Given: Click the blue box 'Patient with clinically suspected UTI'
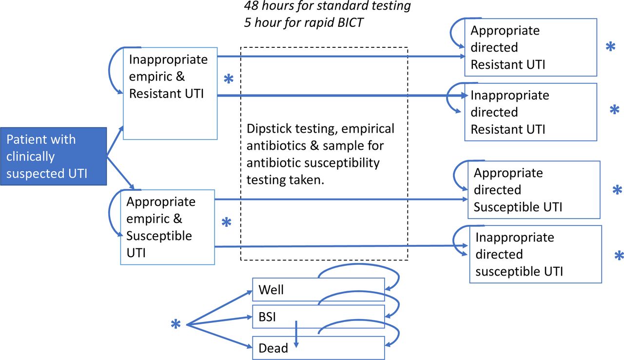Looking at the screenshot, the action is tap(54, 156).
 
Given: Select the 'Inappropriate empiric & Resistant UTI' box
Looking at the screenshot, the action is tap(170, 93).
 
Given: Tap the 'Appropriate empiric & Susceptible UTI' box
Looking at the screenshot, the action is tap(167, 227).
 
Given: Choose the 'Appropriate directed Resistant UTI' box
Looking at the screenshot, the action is tap(531, 47).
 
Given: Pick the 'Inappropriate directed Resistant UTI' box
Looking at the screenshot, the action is tap(531, 112).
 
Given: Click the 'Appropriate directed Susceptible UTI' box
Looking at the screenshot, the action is tap(534, 190).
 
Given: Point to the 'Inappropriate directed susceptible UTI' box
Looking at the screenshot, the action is tap(536, 254).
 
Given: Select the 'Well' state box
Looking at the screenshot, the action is tap(318, 289).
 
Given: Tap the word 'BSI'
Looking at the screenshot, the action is tap(267, 317).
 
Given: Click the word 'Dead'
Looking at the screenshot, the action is tap(273, 348).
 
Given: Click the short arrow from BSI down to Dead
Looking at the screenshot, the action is tap(296, 334).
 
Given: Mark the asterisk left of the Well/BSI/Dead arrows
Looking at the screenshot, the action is tap(176, 324).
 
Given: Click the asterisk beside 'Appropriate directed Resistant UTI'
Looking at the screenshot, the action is tap(610, 46).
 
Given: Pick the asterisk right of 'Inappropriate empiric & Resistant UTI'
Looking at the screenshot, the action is tap(229, 79).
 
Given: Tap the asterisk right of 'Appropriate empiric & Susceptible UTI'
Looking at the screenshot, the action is tap(227, 222).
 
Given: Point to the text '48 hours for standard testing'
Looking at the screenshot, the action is tap(327, 5).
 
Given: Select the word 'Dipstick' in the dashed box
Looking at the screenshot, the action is tap(269, 129).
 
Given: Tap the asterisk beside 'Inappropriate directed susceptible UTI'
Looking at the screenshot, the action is tap(619, 256).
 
